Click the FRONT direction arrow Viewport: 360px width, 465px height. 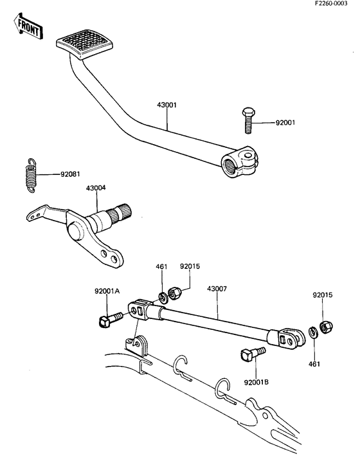pyautogui.click(x=28, y=26)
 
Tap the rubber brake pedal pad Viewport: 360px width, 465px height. pyautogui.click(x=84, y=44)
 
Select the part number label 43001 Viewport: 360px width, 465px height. pyautogui.click(x=166, y=105)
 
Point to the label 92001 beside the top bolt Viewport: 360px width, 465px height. pyautogui.click(x=285, y=122)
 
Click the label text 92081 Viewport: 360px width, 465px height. pyautogui.click(x=70, y=174)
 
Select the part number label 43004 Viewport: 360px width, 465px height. pyautogui.click(x=96, y=188)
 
